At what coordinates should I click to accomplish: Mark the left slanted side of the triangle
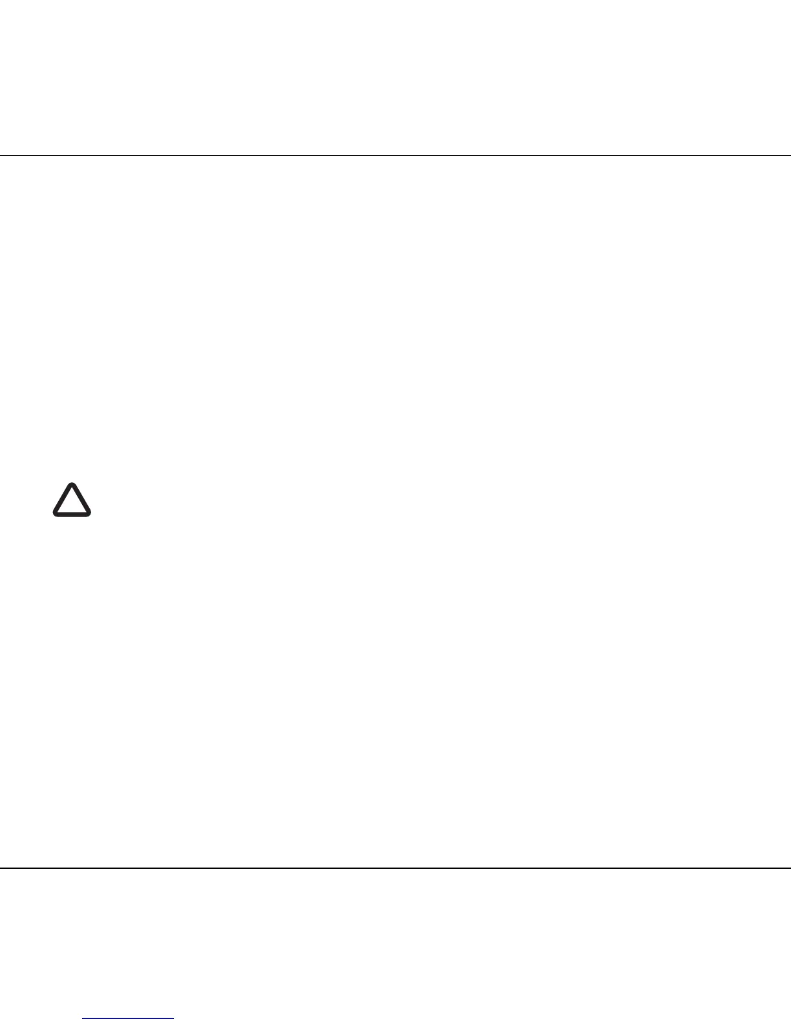63,498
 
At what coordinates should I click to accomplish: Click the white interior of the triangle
72,504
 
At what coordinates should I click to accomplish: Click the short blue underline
129,1019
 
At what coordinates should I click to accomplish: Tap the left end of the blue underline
84,1019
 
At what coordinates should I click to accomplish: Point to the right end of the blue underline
173,1019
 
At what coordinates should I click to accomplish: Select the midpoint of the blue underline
129,1019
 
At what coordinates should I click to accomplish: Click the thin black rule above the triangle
395,155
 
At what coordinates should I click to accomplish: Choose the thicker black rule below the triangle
395,868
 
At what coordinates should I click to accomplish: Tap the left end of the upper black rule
1,155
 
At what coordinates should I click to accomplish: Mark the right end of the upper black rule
789,155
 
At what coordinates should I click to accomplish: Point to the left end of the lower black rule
1,868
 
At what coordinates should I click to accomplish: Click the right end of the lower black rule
789,868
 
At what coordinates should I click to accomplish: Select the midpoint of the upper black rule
395,155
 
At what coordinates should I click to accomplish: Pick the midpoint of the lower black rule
395,868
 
